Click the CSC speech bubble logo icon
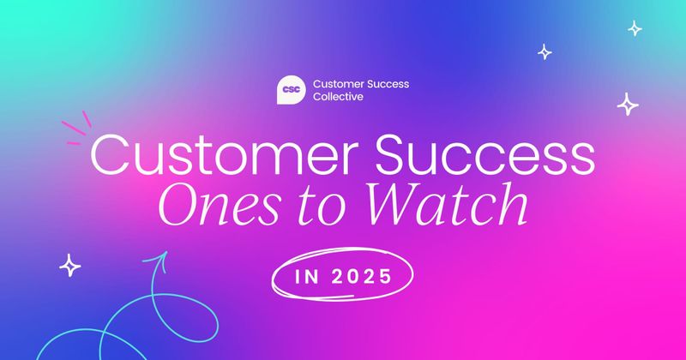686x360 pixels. click(x=292, y=90)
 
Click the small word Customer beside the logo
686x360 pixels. click(x=337, y=84)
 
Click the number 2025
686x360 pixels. click(x=360, y=279)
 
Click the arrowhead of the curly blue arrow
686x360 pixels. click(x=156, y=255)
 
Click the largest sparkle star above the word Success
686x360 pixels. click(x=629, y=104)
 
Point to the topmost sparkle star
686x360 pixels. click(x=635, y=28)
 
